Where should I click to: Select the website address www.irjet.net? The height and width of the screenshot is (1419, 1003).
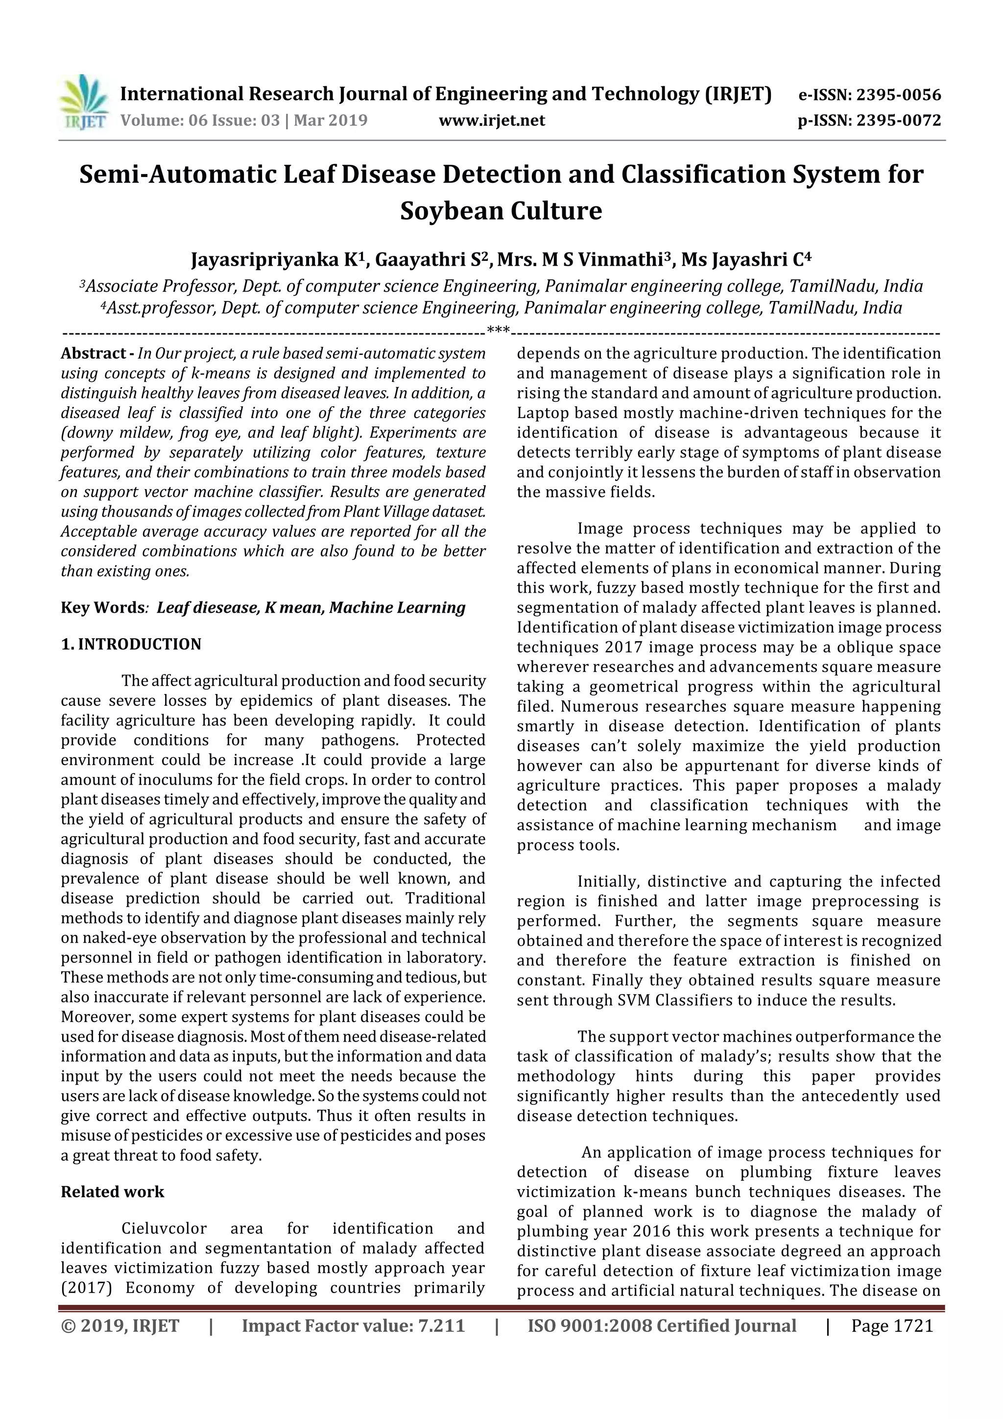click(x=492, y=121)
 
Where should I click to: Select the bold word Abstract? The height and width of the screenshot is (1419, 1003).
click(x=93, y=353)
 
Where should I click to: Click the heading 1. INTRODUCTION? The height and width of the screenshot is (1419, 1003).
click(x=131, y=645)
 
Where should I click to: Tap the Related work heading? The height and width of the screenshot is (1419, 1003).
click(x=113, y=1192)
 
